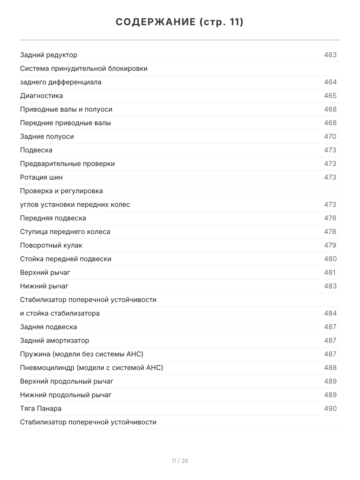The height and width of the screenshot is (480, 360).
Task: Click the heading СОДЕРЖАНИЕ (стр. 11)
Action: pos(180,22)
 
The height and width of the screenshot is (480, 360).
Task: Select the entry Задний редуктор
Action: pos(49,55)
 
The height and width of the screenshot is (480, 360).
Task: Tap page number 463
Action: pos(330,55)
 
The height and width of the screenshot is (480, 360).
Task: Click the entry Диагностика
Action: pos(42,96)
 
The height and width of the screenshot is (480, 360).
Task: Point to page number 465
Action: pos(330,96)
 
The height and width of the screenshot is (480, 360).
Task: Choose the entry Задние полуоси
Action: pos(47,136)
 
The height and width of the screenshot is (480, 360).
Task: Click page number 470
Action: pos(330,136)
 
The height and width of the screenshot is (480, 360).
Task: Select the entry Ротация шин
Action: pos(41,177)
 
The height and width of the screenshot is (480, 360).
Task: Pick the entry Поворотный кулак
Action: pos(51,245)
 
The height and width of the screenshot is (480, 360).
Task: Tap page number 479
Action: pos(330,245)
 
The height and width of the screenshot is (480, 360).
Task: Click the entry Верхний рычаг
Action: pos(45,272)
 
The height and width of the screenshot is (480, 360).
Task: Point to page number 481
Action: pos(330,272)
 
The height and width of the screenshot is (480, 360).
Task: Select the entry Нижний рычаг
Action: pos(44,286)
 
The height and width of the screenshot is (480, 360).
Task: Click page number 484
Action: pos(330,313)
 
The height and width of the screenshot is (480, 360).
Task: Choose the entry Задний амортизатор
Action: pos(54,340)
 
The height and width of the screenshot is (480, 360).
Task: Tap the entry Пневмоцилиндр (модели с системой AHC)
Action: pos(92,368)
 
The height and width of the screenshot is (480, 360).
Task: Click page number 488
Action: pos(330,368)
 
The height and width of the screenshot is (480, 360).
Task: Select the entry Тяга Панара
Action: pos(41,408)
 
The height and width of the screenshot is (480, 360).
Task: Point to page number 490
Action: pos(330,408)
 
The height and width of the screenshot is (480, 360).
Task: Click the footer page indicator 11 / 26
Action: pos(180,461)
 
